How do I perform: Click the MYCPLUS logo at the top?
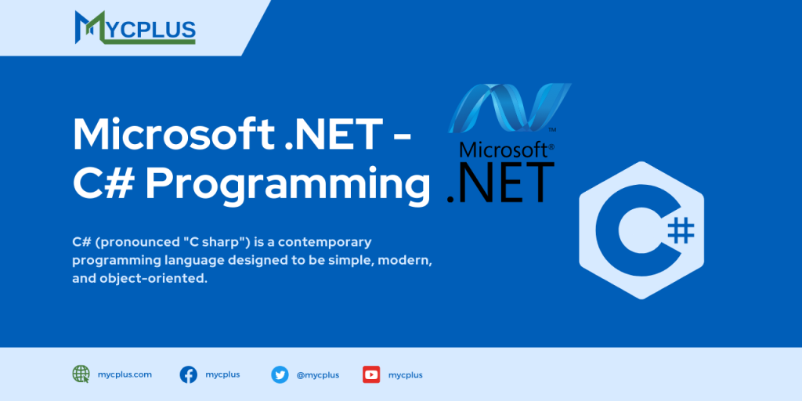(135, 27)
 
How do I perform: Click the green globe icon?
(81, 374)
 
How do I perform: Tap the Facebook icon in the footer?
(189, 374)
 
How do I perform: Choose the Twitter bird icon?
(280, 374)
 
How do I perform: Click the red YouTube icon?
(371, 374)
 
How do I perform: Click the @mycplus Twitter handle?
(317, 375)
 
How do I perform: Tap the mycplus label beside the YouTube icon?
(405, 375)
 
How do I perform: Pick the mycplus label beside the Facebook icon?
(222, 374)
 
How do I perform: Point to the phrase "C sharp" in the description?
(189, 241)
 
